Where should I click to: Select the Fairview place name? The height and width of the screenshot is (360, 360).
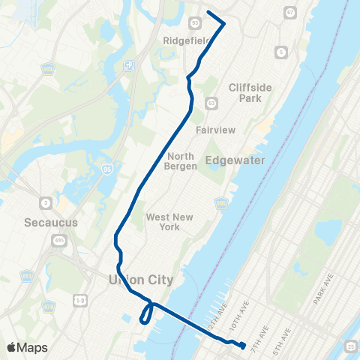(x=215, y=130)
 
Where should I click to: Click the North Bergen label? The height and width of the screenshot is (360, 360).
(x=180, y=161)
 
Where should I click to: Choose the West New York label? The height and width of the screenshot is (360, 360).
(x=169, y=221)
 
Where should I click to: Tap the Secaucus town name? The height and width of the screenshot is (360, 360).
(x=46, y=223)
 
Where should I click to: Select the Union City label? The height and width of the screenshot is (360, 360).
(x=141, y=280)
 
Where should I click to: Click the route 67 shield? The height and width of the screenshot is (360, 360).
(x=290, y=13)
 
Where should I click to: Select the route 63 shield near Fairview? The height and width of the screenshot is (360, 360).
(x=211, y=103)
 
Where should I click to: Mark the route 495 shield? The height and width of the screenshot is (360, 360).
(x=58, y=241)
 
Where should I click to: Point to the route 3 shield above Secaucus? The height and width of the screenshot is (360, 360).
(x=46, y=204)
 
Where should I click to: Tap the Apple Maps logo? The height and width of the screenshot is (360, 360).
(x=26, y=347)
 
